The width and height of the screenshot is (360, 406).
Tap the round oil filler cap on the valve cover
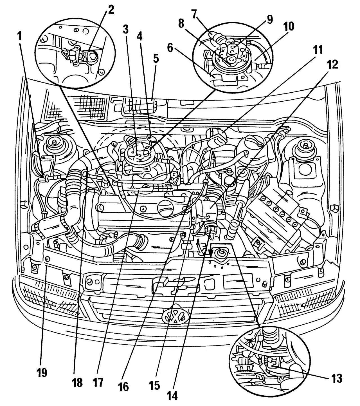tap(166, 208)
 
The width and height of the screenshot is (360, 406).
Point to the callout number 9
tap(269, 20)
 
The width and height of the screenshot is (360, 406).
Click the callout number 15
tap(154, 385)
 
